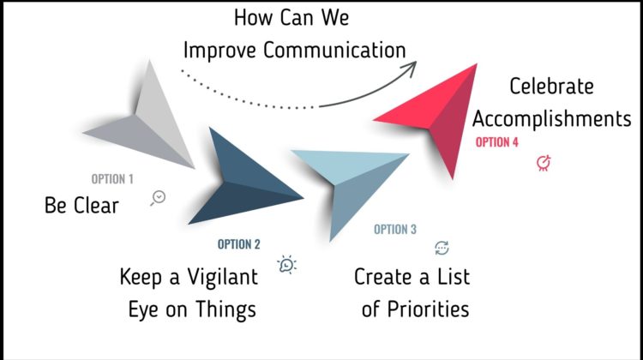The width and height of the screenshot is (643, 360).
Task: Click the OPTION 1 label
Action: point(112,179)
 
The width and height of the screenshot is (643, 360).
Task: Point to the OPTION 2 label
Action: point(238,244)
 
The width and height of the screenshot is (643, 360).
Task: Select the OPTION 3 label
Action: point(395,229)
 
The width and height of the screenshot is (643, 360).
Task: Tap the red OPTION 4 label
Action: point(496,142)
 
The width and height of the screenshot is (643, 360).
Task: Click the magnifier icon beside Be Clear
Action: point(158,198)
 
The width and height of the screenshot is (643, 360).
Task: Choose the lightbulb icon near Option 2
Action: point(286,265)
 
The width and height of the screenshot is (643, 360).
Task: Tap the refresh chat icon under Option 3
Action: point(442,248)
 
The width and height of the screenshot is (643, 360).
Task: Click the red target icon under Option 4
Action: point(544,163)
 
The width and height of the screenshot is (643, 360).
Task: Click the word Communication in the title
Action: point(334,50)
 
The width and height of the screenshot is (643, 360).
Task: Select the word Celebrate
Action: point(551,87)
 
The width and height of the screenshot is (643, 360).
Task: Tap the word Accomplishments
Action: point(551,119)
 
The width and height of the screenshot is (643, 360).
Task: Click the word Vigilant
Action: point(223,277)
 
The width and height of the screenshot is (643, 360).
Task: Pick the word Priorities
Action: point(428,309)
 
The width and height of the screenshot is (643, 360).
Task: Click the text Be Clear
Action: point(81,206)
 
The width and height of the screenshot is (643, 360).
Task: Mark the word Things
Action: point(226,310)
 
